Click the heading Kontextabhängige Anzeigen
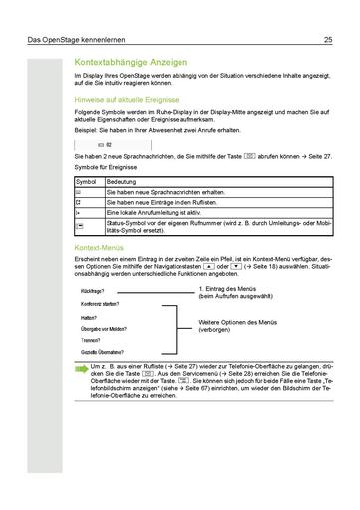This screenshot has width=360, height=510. tap(142, 60)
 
